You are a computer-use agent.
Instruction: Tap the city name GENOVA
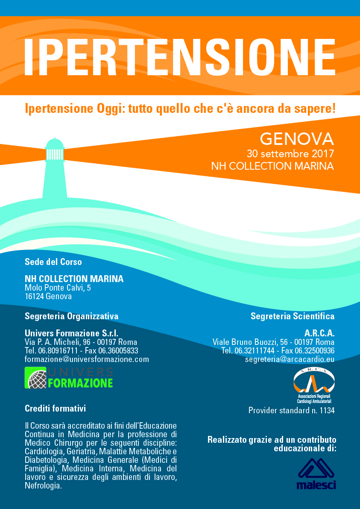coord(297,139)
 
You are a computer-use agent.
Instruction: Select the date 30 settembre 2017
coord(290,153)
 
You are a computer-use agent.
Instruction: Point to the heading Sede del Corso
coord(53,262)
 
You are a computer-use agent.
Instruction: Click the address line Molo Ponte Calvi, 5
coord(58,288)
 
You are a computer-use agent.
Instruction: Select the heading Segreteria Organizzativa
coord(71,316)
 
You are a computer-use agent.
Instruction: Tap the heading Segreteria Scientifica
coord(293,316)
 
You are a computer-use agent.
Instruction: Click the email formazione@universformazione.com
coord(87,359)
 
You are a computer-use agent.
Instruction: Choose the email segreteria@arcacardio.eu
coord(290,359)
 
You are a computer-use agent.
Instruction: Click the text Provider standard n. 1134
coord(291,411)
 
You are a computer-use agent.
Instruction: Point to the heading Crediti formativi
coord(56,409)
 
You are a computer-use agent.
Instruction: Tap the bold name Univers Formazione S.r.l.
coord(71,333)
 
